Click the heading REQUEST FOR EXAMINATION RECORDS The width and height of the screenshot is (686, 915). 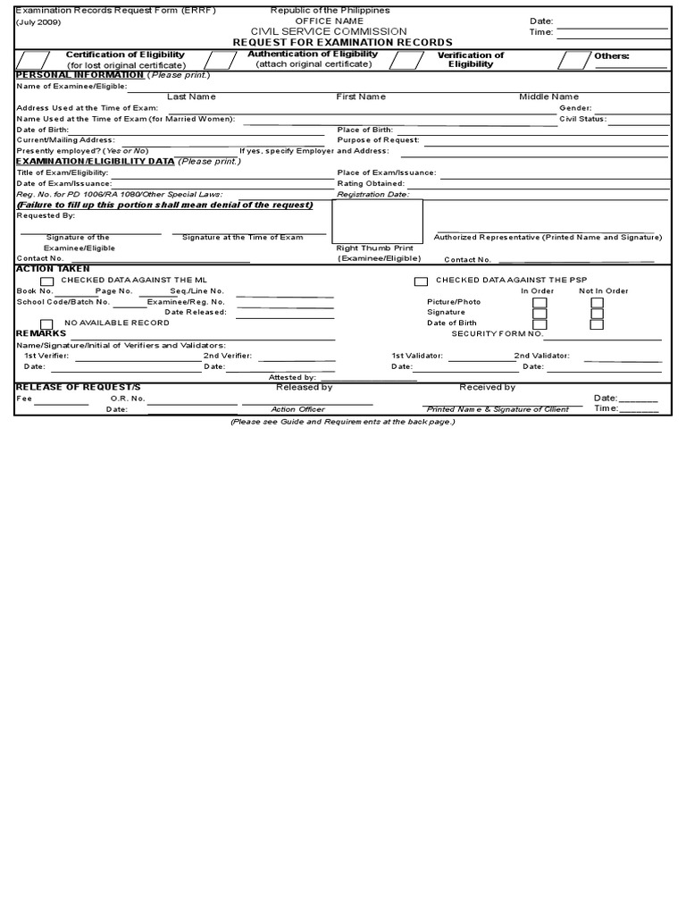[x=342, y=42]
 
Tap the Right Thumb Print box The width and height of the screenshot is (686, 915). [x=378, y=222]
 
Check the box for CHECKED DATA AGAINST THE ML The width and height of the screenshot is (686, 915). [x=46, y=281]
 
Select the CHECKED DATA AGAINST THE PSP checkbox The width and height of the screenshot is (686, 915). [x=421, y=281]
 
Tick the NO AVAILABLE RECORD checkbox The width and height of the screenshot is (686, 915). [x=46, y=323]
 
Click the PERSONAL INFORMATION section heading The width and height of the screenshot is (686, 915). [x=80, y=75]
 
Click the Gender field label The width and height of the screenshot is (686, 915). [x=575, y=107]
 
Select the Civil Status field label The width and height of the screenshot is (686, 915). [x=582, y=118]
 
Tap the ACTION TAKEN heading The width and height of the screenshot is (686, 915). [x=53, y=269]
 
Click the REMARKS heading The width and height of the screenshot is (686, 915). [x=41, y=333]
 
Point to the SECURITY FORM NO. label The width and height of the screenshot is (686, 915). [x=497, y=333]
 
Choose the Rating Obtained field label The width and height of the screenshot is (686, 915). [x=371, y=183]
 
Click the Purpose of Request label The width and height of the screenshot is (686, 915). [x=378, y=139]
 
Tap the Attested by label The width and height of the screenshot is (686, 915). [x=292, y=377]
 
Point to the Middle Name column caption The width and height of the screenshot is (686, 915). [x=548, y=97]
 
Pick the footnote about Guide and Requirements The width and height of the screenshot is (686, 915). [x=343, y=421]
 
